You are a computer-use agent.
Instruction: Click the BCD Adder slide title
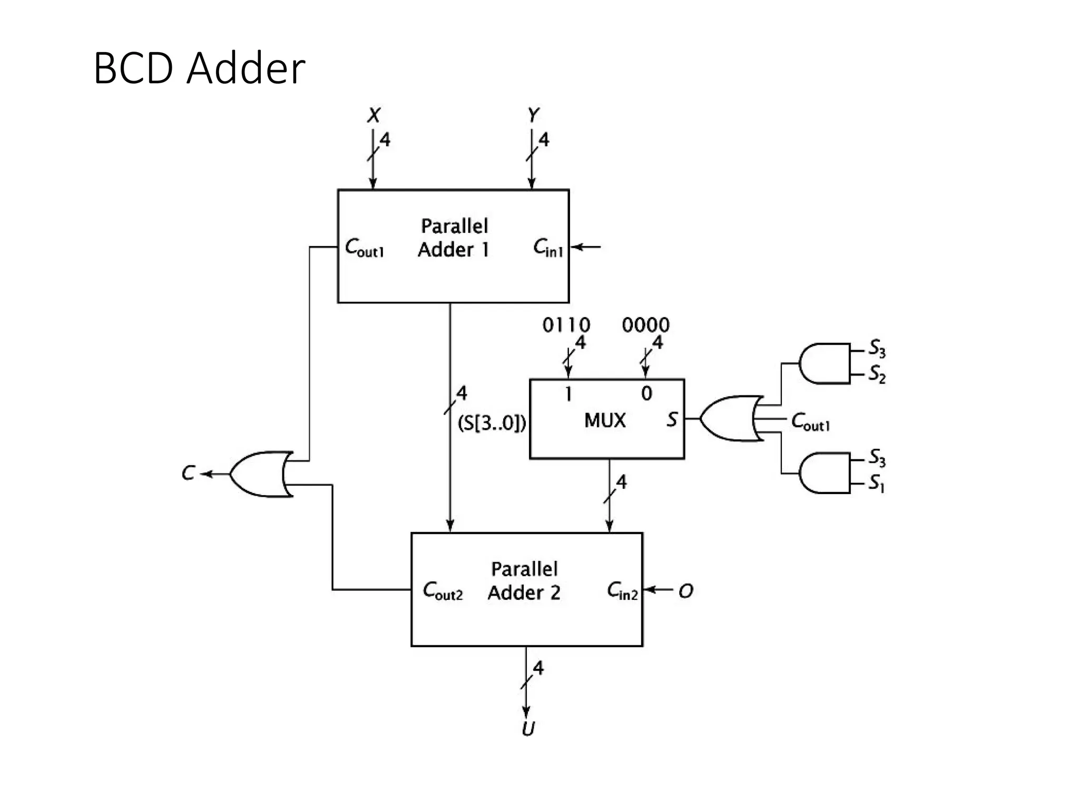[199, 68]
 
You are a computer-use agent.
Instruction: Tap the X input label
[374, 115]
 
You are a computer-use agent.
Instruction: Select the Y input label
[533, 115]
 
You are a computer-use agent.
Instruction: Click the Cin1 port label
[548, 248]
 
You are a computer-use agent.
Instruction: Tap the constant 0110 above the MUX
[566, 325]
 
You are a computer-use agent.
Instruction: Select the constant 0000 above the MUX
[645, 325]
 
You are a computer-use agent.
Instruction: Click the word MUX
[605, 420]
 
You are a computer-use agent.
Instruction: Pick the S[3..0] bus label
[492, 423]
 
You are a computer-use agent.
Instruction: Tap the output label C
[188, 473]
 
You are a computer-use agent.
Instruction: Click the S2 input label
[877, 374]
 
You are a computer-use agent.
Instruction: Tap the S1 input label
[877, 483]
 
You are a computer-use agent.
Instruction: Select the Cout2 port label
[443, 590]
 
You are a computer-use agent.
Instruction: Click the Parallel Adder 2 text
[524, 581]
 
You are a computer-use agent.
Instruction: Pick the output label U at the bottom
[528, 729]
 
